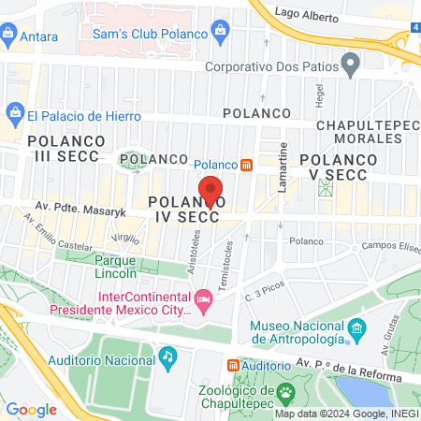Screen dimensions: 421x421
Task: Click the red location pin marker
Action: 211,190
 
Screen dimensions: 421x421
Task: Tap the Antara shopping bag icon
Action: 9,36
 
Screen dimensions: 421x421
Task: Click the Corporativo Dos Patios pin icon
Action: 351,65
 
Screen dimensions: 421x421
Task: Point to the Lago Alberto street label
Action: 310,14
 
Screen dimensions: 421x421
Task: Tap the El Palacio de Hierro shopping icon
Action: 14,116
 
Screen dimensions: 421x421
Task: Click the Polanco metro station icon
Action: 246,164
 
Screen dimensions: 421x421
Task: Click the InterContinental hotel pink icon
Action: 203,300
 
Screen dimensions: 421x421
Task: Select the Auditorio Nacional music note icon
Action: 167,356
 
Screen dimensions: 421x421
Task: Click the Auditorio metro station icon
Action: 234,366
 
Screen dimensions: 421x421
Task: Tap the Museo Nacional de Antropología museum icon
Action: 356,330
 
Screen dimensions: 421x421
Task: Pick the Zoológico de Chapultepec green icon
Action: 289,390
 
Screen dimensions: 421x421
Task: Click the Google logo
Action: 32,409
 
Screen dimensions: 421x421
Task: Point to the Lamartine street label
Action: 281,158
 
